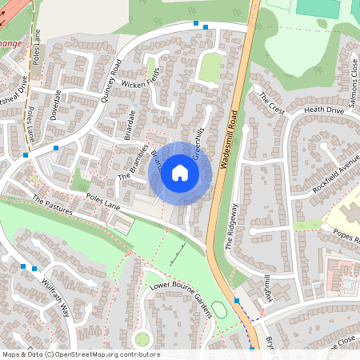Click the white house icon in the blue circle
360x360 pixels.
[180, 173]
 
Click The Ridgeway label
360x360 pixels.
[232, 226]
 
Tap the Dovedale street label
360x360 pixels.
[56, 118]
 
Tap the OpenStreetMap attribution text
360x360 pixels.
[80, 354]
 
